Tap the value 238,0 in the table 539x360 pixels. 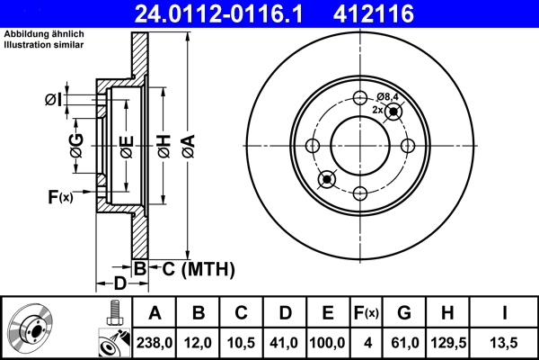(155, 341)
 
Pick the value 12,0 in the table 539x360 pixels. (199, 341)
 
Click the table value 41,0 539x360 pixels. (285, 341)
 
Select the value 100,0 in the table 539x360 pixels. (328, 341)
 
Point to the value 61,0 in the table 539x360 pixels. (405, 341)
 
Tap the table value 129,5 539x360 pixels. (448, 341)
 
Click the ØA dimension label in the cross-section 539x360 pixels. (187, 147)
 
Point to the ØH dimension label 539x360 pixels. (163, 147)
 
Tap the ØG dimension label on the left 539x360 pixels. (76, 147)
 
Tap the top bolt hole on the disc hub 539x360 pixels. (360, 99)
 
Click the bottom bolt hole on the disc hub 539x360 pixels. (360, 192)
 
